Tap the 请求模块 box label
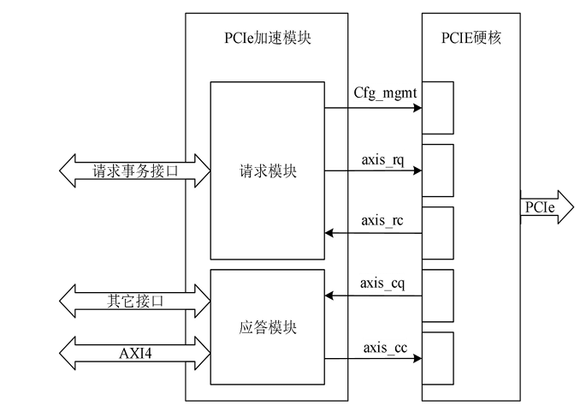pos(266,170)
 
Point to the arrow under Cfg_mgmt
pos(372,108)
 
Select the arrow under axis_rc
pos(372,233)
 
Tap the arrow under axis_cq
pos(372,296)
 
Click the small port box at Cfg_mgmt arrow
pos(437,108)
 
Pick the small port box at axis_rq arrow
pos(437,170)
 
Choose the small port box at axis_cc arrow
pos(437,358)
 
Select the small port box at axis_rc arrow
pos(437,233)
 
